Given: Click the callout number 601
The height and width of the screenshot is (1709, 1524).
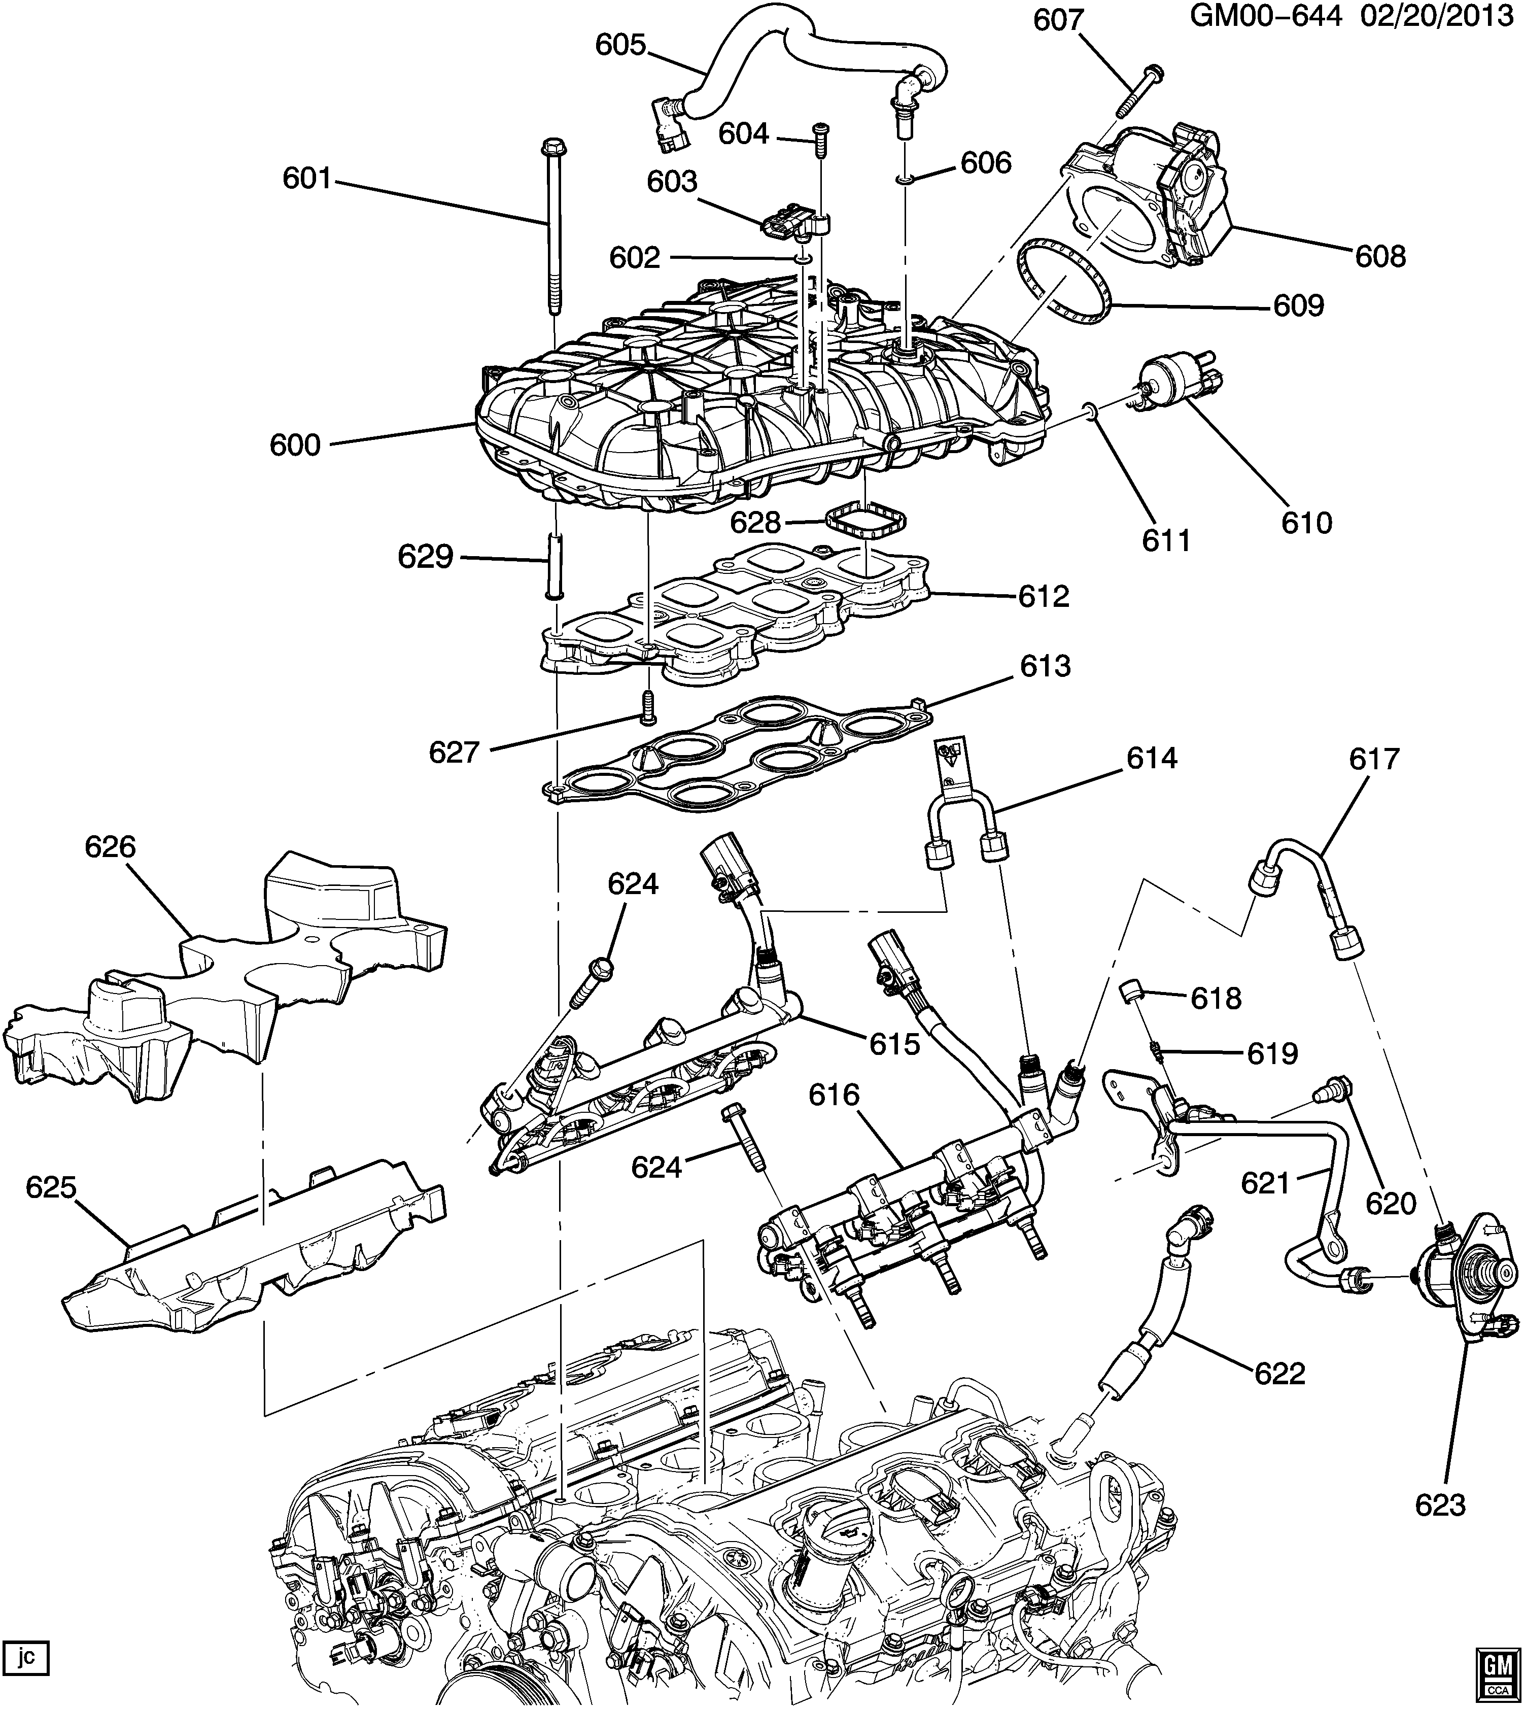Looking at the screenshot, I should (x=306, y=179).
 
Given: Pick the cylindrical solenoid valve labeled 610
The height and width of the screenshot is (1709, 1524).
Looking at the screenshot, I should (x=1172, y=381).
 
